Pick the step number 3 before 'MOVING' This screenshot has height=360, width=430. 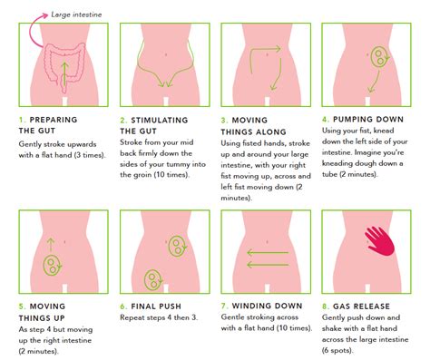[224, 119]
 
